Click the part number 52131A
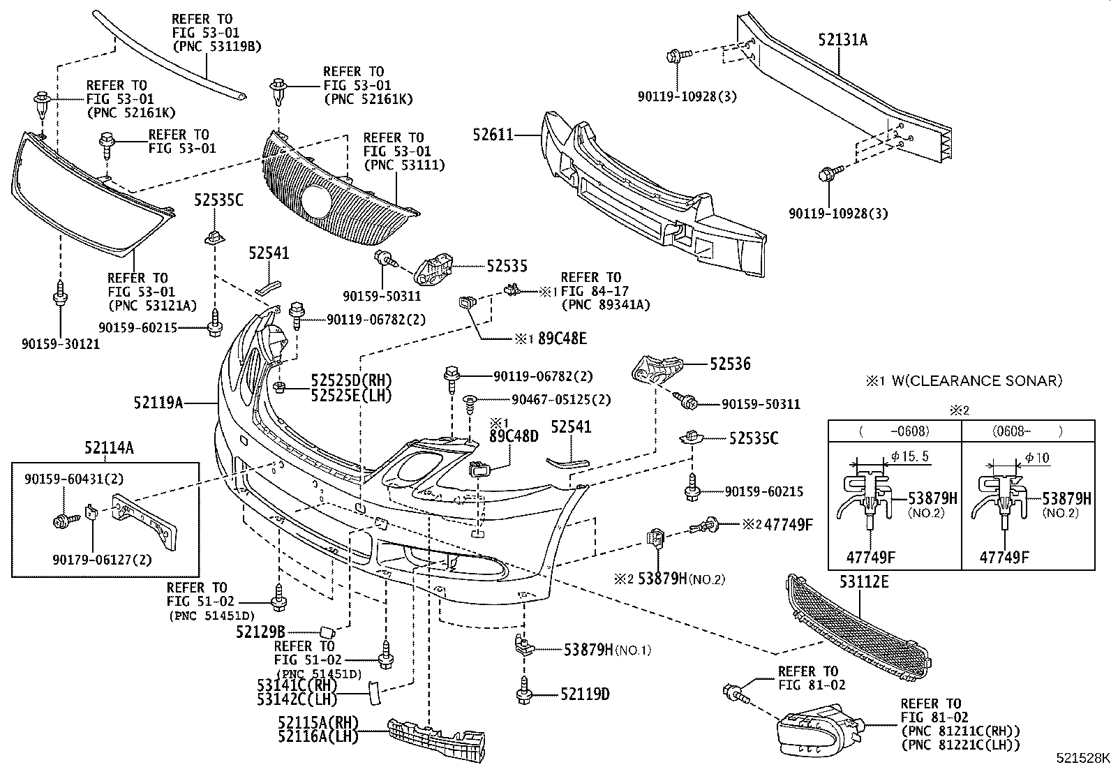tap(842, 40)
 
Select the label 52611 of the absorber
tap(493, 134)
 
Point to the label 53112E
tap(864, 581)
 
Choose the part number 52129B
tap(260, 632)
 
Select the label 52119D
tap(585, 694)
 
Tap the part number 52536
tap(730, 364)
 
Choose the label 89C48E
tap(562, 338)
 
